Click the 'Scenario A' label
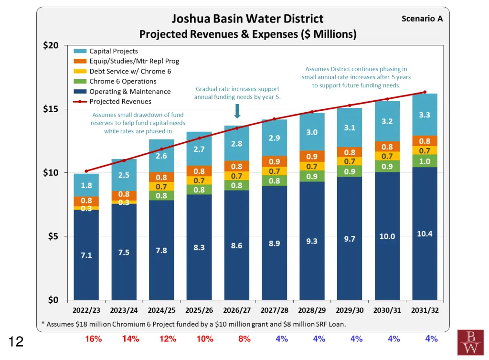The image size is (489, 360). [x=422, y=19]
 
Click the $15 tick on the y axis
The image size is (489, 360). [x=51, y=109]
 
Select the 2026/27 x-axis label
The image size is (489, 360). [x=236, y=310]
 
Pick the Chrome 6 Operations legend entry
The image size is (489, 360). [x=123, y=81]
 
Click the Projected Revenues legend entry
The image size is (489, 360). [x=120, y=101]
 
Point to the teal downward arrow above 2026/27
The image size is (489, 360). [x=237, y=111]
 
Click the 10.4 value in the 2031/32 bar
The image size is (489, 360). [x=425, y=233]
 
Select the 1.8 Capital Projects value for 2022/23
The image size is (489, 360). [x=86, y=186]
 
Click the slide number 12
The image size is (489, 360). [x=16, y=341]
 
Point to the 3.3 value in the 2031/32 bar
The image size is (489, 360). [x=425, y=115]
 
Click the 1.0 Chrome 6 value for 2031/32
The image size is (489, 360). [x=425, y=161]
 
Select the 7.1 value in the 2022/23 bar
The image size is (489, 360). [x=86, y=255]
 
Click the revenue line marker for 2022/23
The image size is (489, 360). [x=86, y=171]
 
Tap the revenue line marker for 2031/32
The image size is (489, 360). [x=425, y=92]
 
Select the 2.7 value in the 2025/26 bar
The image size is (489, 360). [x=199, y=149]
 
